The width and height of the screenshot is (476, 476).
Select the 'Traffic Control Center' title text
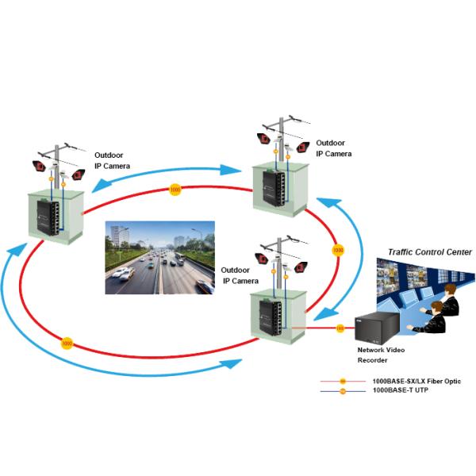pyautogui.click(x=429, y=251)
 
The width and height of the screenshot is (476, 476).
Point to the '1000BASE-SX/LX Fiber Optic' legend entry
pyautogui.click(x=416, y=382)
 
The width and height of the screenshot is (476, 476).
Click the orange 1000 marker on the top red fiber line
pyautogui.click(x=175, y=190)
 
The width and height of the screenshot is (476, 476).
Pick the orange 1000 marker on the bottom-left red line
pyautogui.click(x=67, y=344)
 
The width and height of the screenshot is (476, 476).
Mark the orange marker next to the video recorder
pyautogui.click(x=340, y=328)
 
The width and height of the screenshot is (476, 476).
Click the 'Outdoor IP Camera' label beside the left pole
pyautogui.click(x=112, y=161)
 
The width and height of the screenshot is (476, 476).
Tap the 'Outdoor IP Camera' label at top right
pyautogui.click(x=332, y=149)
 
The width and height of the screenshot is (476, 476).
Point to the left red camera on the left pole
pyautogui.click(x=38, y=166)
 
